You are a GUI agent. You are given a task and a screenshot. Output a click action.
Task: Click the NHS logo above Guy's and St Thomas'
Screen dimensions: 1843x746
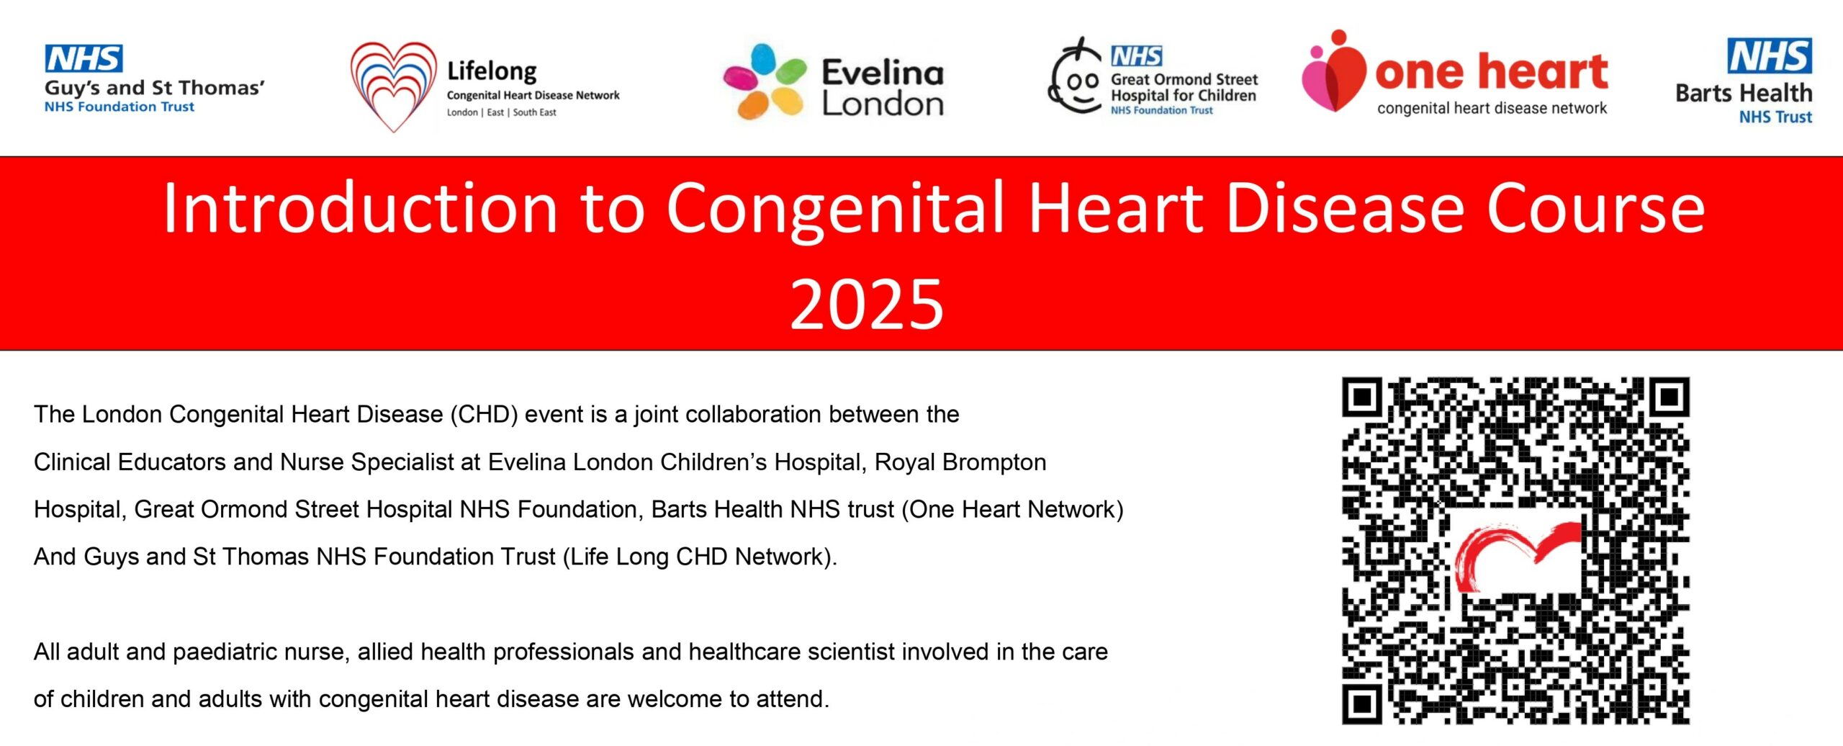pos(84,58)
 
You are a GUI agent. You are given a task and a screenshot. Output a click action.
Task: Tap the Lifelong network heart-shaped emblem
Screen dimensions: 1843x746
pos(394,87)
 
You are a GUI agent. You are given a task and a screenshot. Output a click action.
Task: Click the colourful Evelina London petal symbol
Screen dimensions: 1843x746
pos(765,81)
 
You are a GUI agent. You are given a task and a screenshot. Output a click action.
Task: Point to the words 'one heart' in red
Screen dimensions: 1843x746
pos(1491,71)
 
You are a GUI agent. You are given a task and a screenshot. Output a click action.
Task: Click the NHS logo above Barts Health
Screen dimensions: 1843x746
pos(1770,55)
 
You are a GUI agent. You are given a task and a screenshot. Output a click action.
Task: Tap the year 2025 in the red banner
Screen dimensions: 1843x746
pos(867,305)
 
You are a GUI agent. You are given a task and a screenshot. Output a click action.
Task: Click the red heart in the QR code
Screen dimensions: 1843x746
pos(1515,555)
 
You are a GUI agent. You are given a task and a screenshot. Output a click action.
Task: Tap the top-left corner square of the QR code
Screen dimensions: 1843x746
pos(1362,397)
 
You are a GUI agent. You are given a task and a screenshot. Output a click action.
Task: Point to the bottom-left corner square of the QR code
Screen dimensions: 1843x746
pos(1362,704)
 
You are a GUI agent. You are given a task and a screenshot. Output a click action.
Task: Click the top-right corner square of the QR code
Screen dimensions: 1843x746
pos(1669,397)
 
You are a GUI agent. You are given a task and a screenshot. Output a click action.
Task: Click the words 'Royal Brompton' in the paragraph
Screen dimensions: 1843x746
pos(960,462)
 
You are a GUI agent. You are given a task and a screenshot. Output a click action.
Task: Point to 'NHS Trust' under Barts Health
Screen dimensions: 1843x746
pos(1775,117)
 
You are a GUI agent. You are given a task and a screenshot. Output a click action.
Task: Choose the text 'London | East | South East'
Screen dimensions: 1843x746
pos(501,112)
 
